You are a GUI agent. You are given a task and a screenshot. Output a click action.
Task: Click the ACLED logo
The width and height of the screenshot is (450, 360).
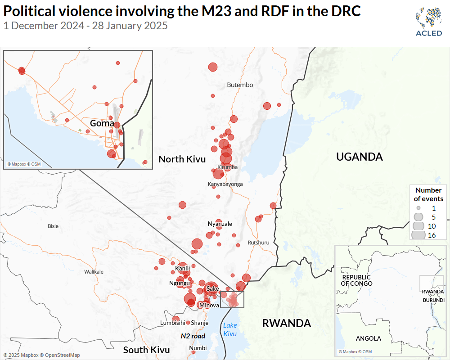point(428,22)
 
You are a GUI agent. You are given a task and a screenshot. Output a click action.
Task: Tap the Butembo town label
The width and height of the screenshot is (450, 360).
point(240,85)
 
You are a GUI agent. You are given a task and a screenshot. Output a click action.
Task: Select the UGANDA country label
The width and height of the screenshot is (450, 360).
point(360,157)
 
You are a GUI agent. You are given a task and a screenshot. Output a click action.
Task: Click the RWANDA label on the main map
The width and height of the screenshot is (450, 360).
point(286,323)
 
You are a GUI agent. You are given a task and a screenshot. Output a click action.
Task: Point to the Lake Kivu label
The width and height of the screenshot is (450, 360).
point(230,329)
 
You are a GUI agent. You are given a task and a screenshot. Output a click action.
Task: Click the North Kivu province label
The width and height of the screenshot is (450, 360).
point(182,159)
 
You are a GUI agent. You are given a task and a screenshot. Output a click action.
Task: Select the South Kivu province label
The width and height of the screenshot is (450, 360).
point(146,350)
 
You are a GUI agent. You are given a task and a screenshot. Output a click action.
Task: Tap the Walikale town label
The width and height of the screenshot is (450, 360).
point(94,272)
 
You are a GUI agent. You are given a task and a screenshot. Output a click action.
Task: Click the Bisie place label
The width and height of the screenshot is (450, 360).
point(53,226)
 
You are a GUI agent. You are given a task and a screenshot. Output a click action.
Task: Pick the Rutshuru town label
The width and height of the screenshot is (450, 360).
point(258,243)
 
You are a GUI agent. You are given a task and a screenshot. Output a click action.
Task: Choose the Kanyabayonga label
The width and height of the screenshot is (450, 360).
point(225,184)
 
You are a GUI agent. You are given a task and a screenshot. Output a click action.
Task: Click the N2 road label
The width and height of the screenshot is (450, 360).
point(193,336)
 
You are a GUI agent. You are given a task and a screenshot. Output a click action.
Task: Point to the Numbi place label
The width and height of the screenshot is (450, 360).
point(198,348)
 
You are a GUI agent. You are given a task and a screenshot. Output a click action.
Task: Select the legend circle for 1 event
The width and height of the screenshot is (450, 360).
point(418,208)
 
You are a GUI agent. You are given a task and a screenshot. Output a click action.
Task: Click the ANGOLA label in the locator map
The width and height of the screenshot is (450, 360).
point(368,338)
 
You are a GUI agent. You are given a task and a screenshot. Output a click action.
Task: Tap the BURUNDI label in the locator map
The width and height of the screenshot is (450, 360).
point(433,300)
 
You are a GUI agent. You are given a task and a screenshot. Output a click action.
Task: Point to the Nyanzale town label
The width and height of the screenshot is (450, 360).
point(220,224)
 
